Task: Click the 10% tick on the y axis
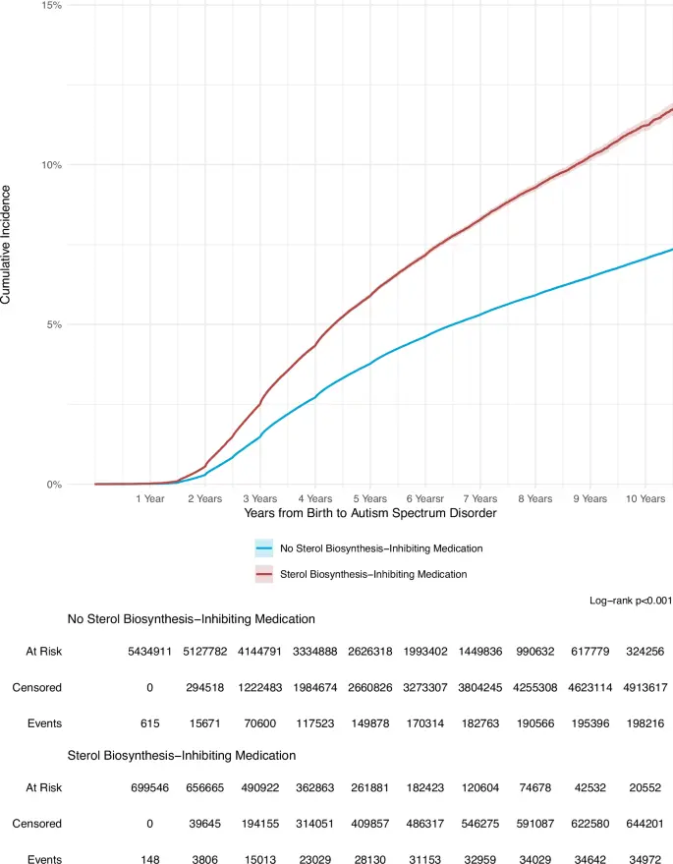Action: point(52,165)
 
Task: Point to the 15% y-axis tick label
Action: point(52,6)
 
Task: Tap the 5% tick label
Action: point(54,324)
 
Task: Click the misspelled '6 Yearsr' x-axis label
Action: point(425,498)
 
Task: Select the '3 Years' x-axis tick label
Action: point(260,498)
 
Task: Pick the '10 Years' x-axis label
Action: point(645,498)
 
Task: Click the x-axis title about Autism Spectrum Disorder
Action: point(370,513)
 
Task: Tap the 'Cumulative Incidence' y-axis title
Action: point(6,245)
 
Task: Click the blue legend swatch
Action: point(264,548)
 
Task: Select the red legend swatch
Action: point(264,574)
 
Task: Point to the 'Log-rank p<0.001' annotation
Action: point(631,601)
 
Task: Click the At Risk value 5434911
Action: point(149,652)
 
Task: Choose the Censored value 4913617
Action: point(645,688)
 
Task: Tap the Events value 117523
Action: point(315,723)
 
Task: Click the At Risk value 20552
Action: point(645,788)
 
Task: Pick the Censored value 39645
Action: point(205,824)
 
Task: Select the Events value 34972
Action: point(645,859)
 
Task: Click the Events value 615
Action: point(149,723)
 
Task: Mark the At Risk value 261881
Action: point(370,788)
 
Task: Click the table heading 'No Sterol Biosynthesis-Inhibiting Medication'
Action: point(192,619)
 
